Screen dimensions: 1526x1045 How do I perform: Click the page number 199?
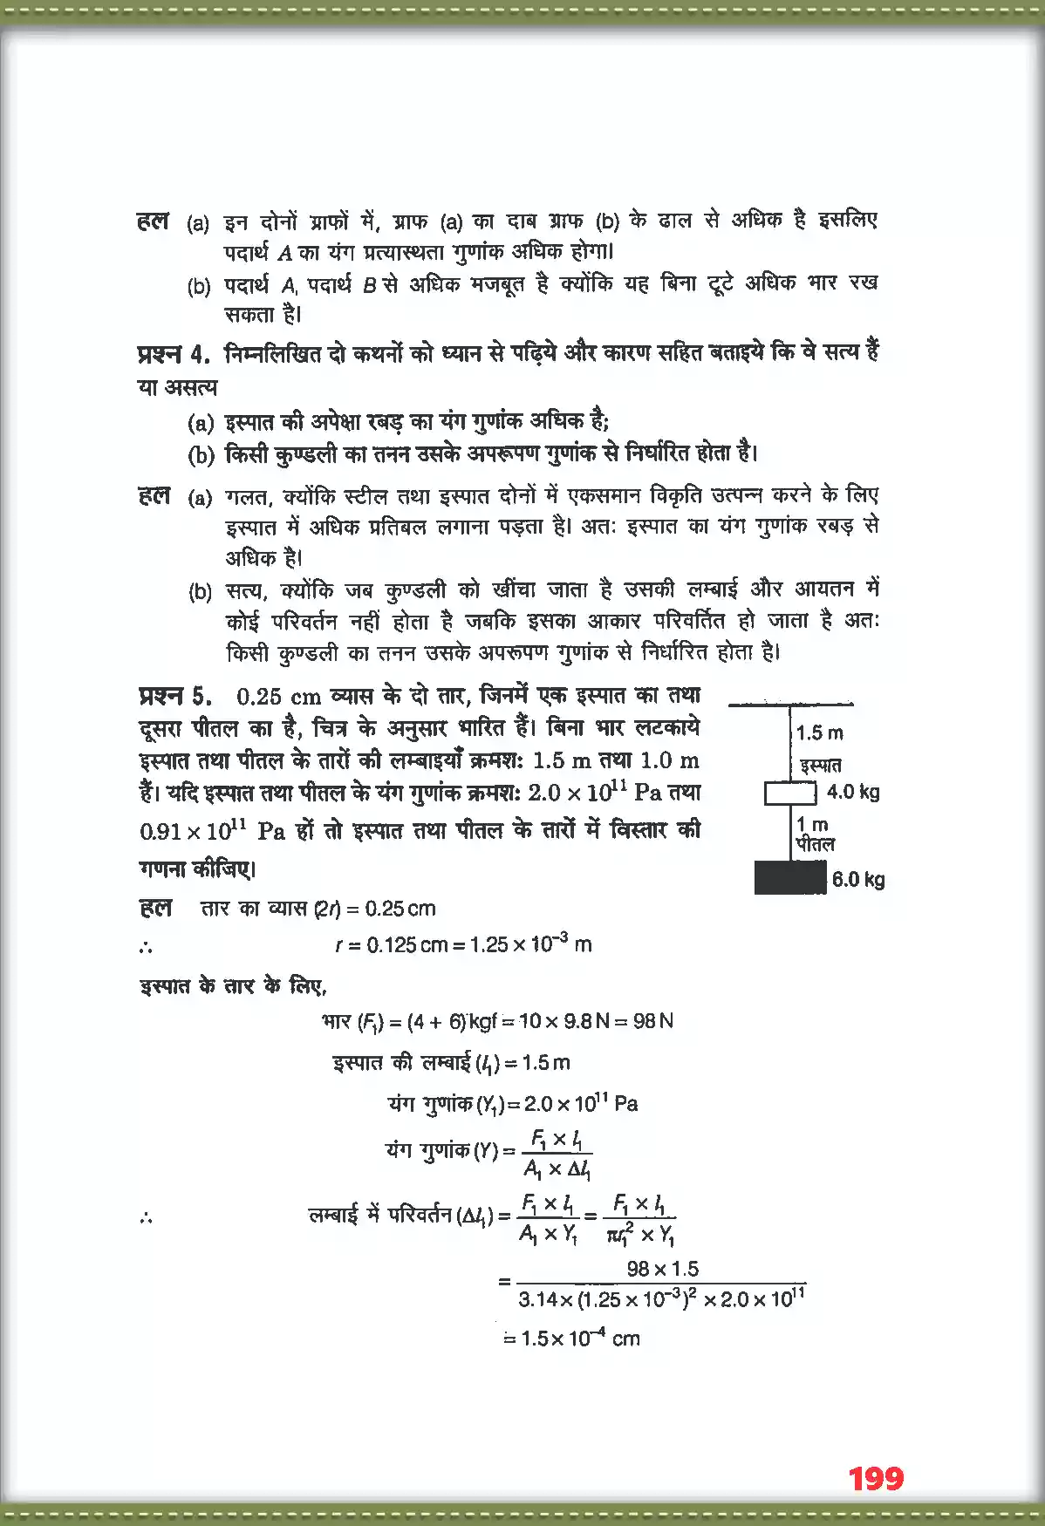click(x=876, y=1478)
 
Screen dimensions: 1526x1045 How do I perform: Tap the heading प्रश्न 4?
click(x=174, y=355)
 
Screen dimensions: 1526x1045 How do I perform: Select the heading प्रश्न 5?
click(x=174, y=696)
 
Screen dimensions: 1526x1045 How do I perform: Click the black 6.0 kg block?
click(x=790, y=877)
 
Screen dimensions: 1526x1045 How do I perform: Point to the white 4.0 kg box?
click(x=790, y=793)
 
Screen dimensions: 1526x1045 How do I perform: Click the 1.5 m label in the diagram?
click(x=820, y=732)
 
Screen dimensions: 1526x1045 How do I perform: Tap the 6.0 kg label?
click(x=858, y=879)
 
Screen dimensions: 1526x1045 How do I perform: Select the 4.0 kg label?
click(x=853, y=792)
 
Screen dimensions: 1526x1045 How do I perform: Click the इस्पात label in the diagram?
click(x=821, y=766)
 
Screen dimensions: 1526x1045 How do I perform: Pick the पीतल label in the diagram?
click(x=816, y=844)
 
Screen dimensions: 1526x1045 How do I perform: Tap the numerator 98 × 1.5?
click(x=663, y=1269)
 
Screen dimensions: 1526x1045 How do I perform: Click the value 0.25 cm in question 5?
click(x=279, y=697)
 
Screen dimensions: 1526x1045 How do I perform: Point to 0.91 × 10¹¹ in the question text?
click(x=193, y=830)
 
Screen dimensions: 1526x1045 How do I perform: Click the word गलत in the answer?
click(x=247, y=497)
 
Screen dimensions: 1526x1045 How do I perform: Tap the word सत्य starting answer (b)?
click(x=246, y=591)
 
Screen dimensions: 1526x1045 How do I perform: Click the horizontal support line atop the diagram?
click(x=790, y=704)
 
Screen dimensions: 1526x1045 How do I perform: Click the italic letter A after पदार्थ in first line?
click(x=284, y=253)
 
